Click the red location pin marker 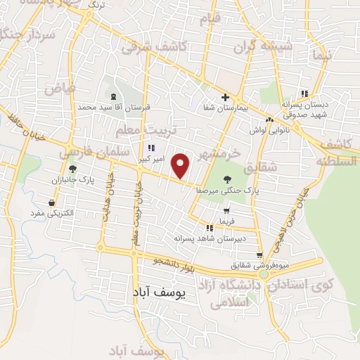pyautogui.click(x=181, y=166)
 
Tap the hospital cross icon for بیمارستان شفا pyautogui.click(x=225, y=97)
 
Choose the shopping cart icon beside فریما pyautogui.click(x=226, y=210)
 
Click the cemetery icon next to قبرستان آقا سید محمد pyautogui.click(x=114, y=96)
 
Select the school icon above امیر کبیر pyautogui.click(x=151, y=148)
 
